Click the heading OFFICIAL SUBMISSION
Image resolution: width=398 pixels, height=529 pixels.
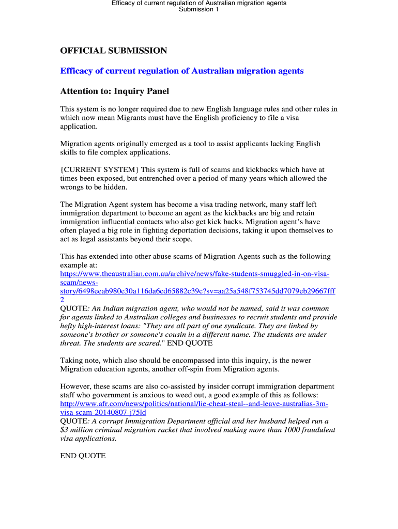tap(114, 51)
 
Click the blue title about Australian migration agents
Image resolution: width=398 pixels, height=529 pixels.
tap(182, 71)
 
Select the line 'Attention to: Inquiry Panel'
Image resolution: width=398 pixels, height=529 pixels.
tap(114, 91)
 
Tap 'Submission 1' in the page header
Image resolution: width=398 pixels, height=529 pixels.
tap(199, 9)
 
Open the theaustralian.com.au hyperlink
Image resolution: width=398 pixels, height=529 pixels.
tap(195, 274)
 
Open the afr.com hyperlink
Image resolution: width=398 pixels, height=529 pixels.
tap(194, 404)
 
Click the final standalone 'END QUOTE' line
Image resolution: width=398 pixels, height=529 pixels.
tap(83, 456)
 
